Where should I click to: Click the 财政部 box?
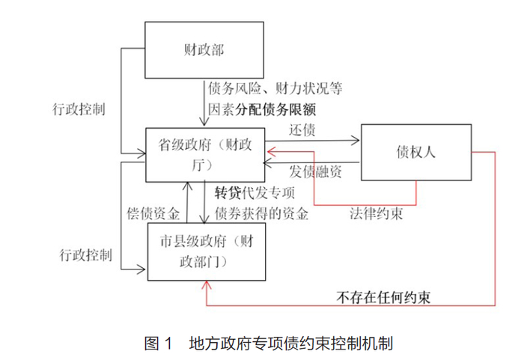pyautogui.click(x=204, y=49)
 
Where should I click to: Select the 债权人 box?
pyautogui.click(x=415, y=152)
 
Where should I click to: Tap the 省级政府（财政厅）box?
pyautogui.click(x=204, y=154)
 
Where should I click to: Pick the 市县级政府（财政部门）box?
pyautogui.click(x=204, y=252)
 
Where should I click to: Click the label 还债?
pyautogui.click(x=302, y=129)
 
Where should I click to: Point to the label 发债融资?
pyautogui.click(x=315, y=171)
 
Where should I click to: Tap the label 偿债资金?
pyautogui.click(x=153, y=213)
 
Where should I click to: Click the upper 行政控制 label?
pyautogui.click(x=79, y=107)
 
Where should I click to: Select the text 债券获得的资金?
pyautogui.click(x=261, y=213)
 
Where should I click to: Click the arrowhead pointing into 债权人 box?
pyautogui.click(x=356, y=139)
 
